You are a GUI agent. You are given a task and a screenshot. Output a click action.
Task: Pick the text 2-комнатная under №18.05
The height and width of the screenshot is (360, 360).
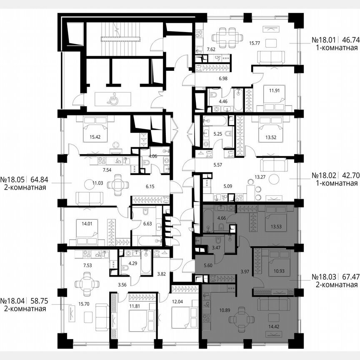pyautogui.click(x=23, y=187)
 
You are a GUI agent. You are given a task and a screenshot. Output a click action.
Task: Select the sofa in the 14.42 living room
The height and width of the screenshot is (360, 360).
pyautogui.click(x=275, y=305)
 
